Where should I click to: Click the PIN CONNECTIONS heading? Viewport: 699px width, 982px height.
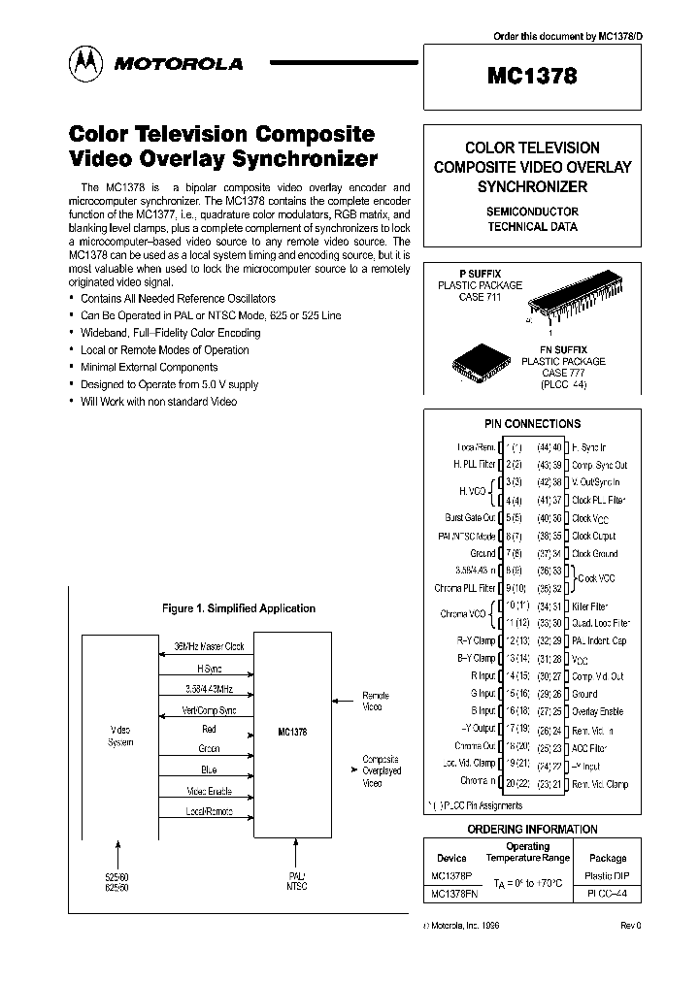532,424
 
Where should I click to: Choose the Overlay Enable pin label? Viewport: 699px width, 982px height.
598,711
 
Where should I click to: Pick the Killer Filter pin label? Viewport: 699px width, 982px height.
589,606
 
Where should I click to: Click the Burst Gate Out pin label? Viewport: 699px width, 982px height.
470,518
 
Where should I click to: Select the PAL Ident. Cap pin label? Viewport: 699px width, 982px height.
599,641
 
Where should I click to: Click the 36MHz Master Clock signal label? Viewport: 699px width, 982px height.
209,646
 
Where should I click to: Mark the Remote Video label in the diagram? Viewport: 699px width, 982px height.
375,702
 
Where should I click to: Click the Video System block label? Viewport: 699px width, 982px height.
121,735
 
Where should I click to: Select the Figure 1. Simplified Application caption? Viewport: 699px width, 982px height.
238,608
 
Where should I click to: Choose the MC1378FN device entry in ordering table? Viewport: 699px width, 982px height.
452,894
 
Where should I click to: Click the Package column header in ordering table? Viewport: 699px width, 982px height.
608,858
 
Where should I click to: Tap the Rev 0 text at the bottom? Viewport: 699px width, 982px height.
630,926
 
